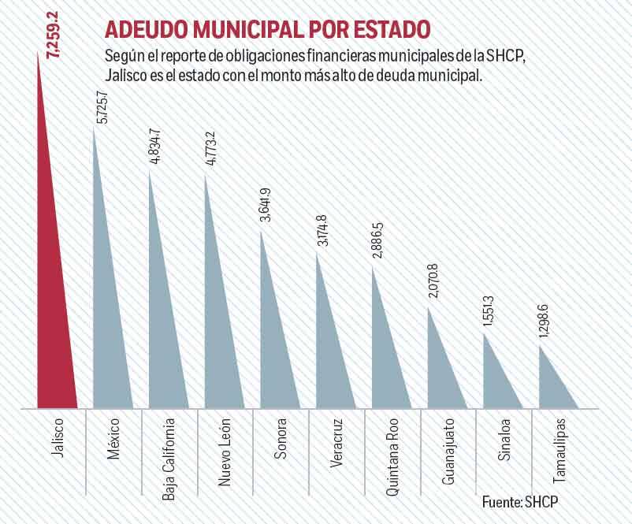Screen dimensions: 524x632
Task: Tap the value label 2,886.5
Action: click(379, 239)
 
